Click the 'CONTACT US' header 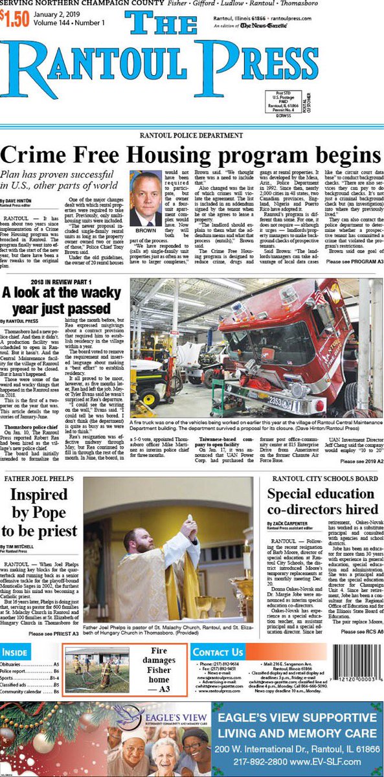coord(218,652)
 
